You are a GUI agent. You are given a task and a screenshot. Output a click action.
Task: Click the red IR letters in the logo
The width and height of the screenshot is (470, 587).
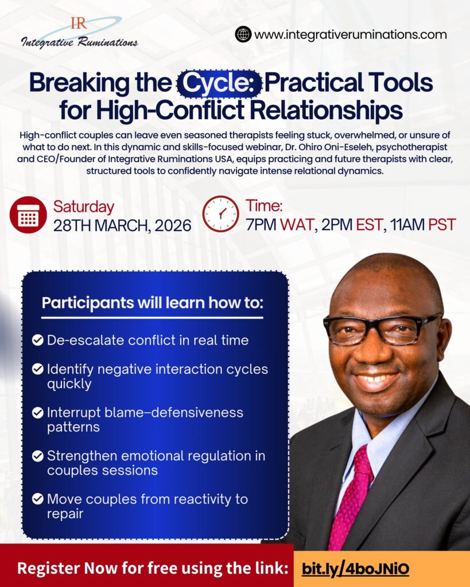(x=79, y=23)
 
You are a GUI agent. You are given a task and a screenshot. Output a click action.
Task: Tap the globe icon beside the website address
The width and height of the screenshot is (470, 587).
(x=243, y=34)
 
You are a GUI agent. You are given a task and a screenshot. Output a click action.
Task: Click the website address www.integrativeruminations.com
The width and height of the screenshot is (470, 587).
(x=351, y=34)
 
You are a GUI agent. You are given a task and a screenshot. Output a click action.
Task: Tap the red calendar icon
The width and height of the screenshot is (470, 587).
(x=28, y=215)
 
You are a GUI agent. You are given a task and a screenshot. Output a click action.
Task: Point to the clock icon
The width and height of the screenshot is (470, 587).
(x=221, y=214)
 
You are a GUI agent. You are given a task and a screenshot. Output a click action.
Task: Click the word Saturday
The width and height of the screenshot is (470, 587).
(x=84, y=206)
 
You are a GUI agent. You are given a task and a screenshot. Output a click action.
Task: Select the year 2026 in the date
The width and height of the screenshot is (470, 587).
(x=173, y=225)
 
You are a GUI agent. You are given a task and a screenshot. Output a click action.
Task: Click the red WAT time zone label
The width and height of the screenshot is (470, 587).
(x=297, y=225)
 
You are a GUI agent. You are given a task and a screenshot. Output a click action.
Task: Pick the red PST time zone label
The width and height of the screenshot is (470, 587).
(x=442, y=225)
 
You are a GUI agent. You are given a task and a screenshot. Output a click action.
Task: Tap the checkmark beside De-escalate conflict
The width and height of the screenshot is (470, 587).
(x=37, y=340)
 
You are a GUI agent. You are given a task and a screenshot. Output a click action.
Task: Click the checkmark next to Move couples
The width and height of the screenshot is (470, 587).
(x=37, y=499)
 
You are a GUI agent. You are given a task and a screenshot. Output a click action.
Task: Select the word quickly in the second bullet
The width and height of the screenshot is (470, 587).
(x=69, y=384)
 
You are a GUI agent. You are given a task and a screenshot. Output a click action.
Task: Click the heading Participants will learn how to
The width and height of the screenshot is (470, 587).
(x=153, y=303)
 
